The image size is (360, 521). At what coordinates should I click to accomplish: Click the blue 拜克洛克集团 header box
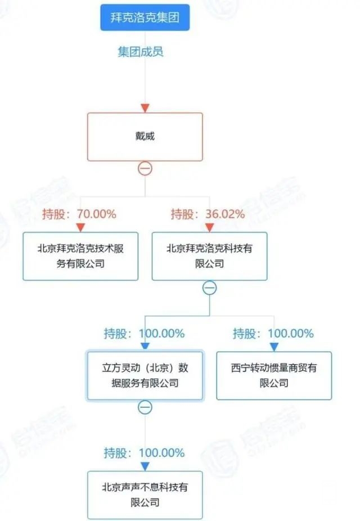coord(145,17)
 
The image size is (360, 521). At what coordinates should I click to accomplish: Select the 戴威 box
coord(145,136)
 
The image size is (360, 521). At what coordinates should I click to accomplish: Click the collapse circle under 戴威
coord(145,168)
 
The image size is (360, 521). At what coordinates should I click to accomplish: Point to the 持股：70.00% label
coord(79,214)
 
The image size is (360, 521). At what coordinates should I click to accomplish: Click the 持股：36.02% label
coord(208,214)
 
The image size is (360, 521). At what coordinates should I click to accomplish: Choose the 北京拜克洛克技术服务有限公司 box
coord(80,256)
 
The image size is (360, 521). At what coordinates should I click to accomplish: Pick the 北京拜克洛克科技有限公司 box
coord(210,256)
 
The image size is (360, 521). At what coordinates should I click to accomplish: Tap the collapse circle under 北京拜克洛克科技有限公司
coord(209,288)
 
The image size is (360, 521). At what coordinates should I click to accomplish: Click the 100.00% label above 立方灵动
coord(144,334)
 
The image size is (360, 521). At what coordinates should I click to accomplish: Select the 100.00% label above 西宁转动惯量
coord(273,334)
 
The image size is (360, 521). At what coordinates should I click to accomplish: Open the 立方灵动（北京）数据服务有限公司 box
coord(145,376)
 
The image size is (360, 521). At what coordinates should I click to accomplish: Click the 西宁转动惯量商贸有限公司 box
coord(274,376)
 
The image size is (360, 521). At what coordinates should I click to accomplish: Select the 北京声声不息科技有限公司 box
coord(145,495)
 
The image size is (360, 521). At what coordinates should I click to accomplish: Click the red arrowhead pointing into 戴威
coord(145,107)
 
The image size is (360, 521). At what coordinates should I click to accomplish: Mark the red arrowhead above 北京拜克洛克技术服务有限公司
coord(80,227)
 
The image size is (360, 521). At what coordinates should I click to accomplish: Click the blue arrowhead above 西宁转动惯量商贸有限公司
coord(274,347)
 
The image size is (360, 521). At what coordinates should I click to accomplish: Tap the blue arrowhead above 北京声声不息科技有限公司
coord(145,466)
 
